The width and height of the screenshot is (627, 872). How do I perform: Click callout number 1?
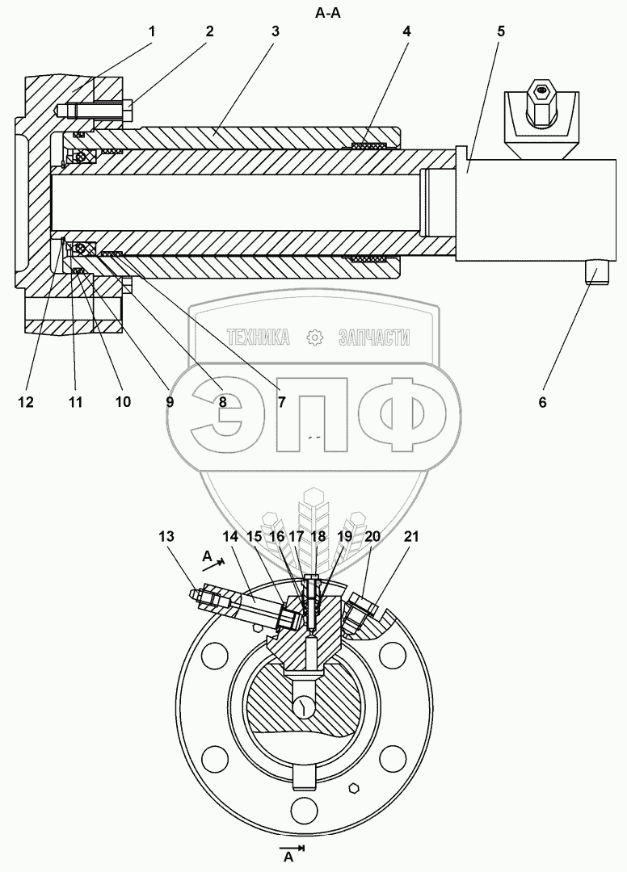pyautogui.click(x=152, y=32)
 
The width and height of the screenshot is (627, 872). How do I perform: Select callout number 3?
pyautogui.click(x=276, y=32)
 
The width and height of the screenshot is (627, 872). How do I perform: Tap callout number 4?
pyautogui.click(x=406, y=32)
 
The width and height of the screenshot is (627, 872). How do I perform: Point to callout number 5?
pyautogui.click(x=501, y=32)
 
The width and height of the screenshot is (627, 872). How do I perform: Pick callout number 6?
pyautogui.click(x=542, y=401)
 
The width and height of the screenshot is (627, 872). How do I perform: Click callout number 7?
pyautogui.click(x=281, y=401)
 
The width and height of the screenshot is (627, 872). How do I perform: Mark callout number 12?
pyautogui.click(x=27, y=401)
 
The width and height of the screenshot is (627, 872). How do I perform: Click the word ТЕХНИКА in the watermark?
pyautogui.click(x=259, y=337)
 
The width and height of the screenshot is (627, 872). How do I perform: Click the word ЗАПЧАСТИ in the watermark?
pyautogui.click(x=373, y=337)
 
